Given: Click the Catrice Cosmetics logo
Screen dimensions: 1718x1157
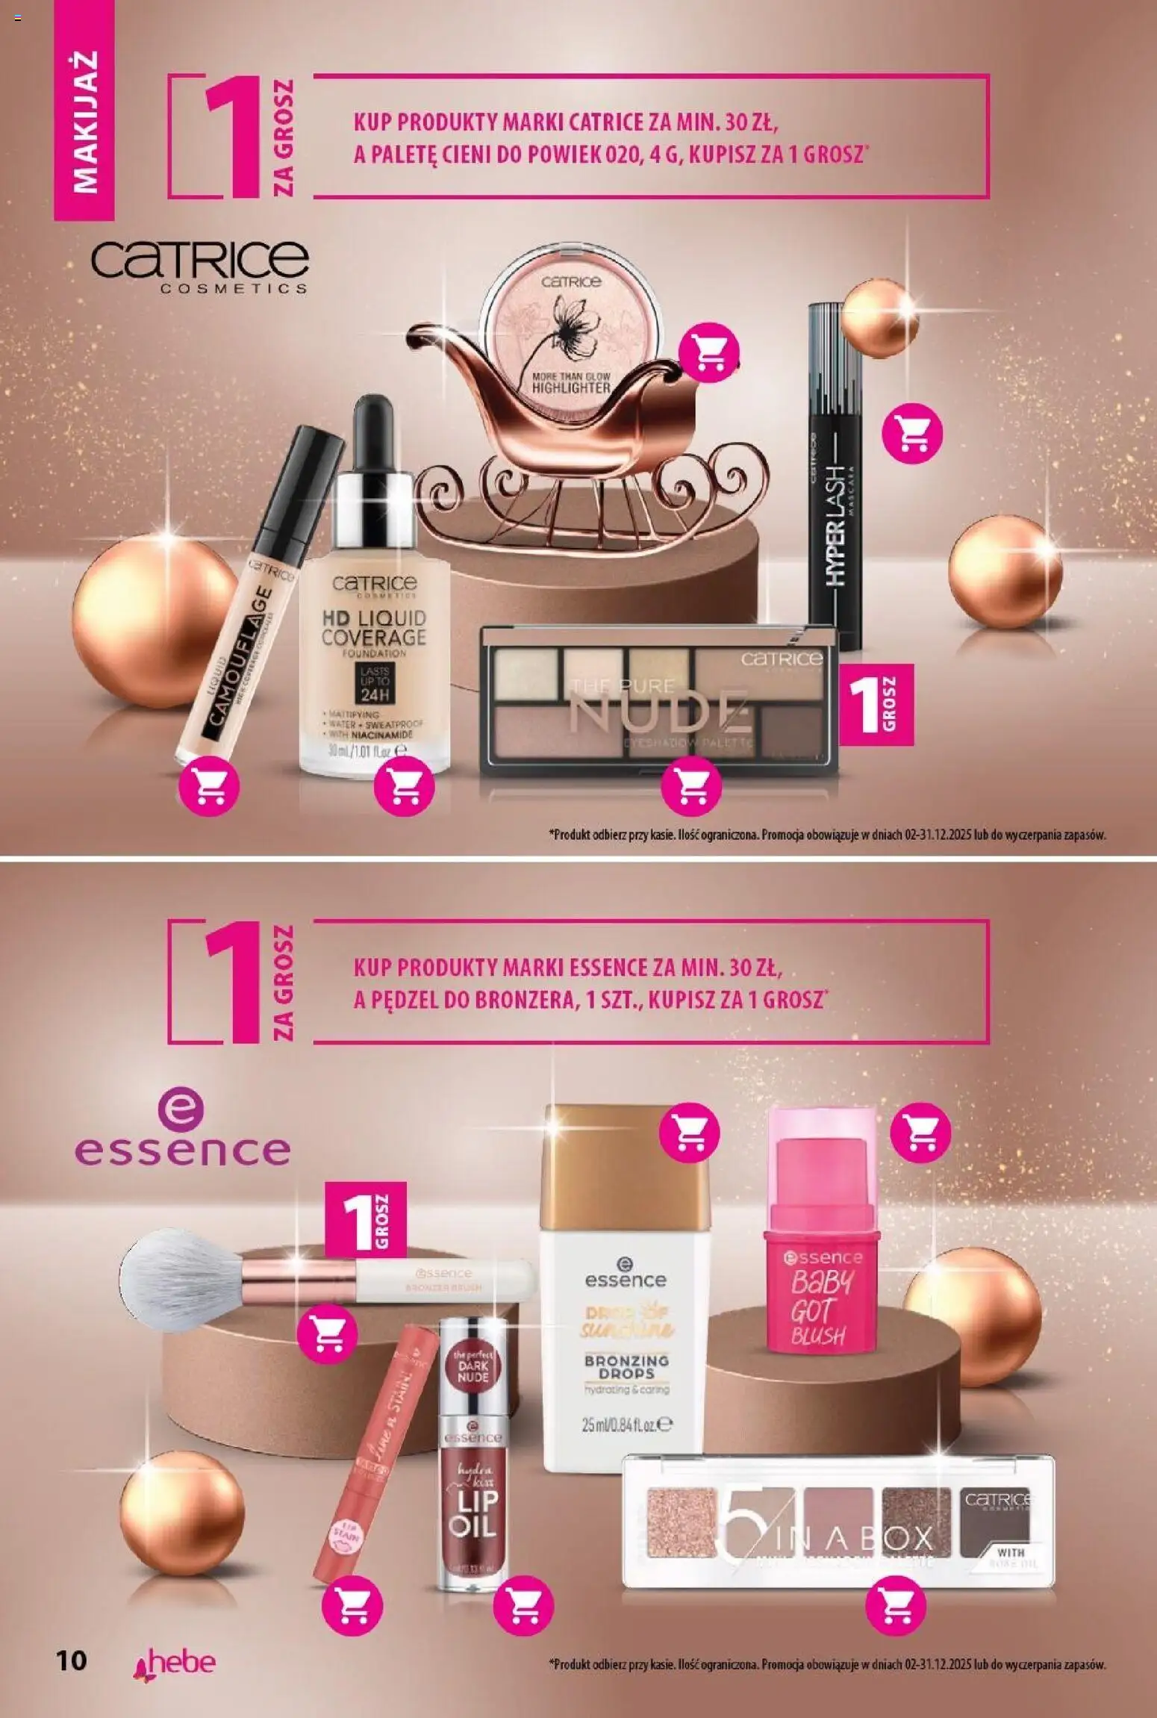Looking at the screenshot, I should pyautogui.click(x=199, y=265).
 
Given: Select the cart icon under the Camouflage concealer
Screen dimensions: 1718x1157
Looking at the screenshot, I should pyautogui.click(x=210, y=786).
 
